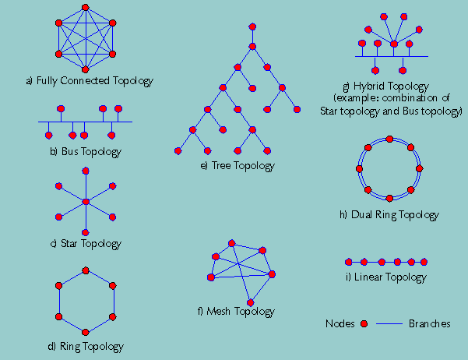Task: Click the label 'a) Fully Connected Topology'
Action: coord(90,80)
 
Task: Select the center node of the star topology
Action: coord(86,202)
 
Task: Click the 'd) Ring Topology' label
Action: coord(86,347)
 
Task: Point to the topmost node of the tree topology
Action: coord(252,27)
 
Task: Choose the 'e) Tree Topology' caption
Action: coord(237,165)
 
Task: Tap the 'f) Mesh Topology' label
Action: coord(236,312)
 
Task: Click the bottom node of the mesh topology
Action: coord(250,302)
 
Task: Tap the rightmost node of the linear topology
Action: coord(424,262)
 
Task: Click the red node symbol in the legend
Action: coord(364,323)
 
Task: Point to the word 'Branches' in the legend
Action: coord(429,323)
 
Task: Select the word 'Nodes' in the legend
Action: coord(340,323)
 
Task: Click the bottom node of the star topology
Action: coord(86,232)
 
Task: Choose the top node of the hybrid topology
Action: coord(384,16)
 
